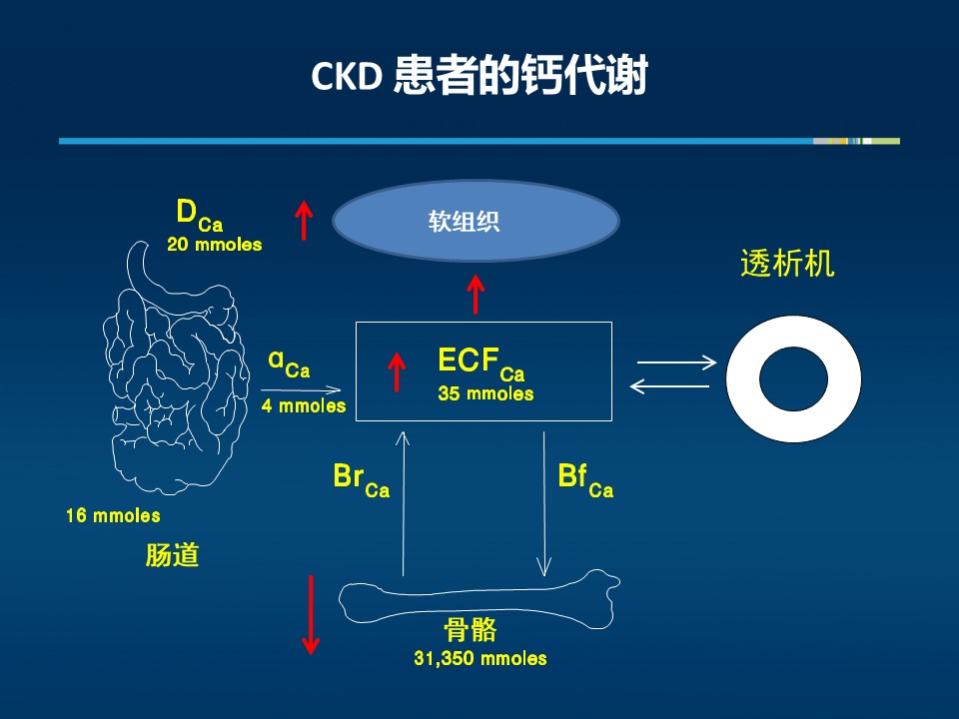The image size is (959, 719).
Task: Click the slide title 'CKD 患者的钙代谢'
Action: [x=479, y=76]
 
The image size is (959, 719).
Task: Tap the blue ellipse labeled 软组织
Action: [x=476, y=222]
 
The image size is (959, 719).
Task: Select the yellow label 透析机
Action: [x=787, y=264]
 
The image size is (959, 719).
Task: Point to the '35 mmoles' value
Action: [x=485, y=393]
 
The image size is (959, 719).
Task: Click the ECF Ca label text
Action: [x=481, y=363]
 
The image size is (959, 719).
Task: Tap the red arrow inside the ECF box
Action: [x=397, y=371]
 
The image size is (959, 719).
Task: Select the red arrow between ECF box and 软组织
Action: [x=476, y=294]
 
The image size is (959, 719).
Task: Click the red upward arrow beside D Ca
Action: [x=304, y=221]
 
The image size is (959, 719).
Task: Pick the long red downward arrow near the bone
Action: [x=311, y=614]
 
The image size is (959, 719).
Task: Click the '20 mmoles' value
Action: [x=214, y=245]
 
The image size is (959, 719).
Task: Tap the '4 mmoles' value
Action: [x=304, y=405]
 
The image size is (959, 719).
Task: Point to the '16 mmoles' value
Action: [x=113, y=515]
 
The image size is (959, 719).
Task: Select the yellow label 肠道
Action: [x=172, y=555]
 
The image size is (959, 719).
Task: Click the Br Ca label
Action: [x=361, y=480]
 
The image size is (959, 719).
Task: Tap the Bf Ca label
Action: [x=585, y=480]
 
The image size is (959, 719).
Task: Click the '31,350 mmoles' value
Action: [x=480, y=658]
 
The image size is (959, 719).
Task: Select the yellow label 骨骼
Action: [x=470, y=630]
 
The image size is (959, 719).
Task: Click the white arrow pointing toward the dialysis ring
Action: [x=676, y=362]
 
